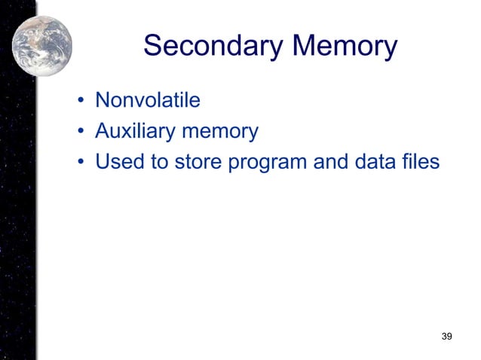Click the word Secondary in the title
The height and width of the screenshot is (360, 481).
[x=213, y=47]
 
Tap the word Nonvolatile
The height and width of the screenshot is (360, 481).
[x=147, y=100]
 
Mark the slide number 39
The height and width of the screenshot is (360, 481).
[x=446, y=335]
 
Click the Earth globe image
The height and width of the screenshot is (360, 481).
[x=42, y=45]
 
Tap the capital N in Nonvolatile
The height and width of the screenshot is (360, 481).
[x=103, y=100]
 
